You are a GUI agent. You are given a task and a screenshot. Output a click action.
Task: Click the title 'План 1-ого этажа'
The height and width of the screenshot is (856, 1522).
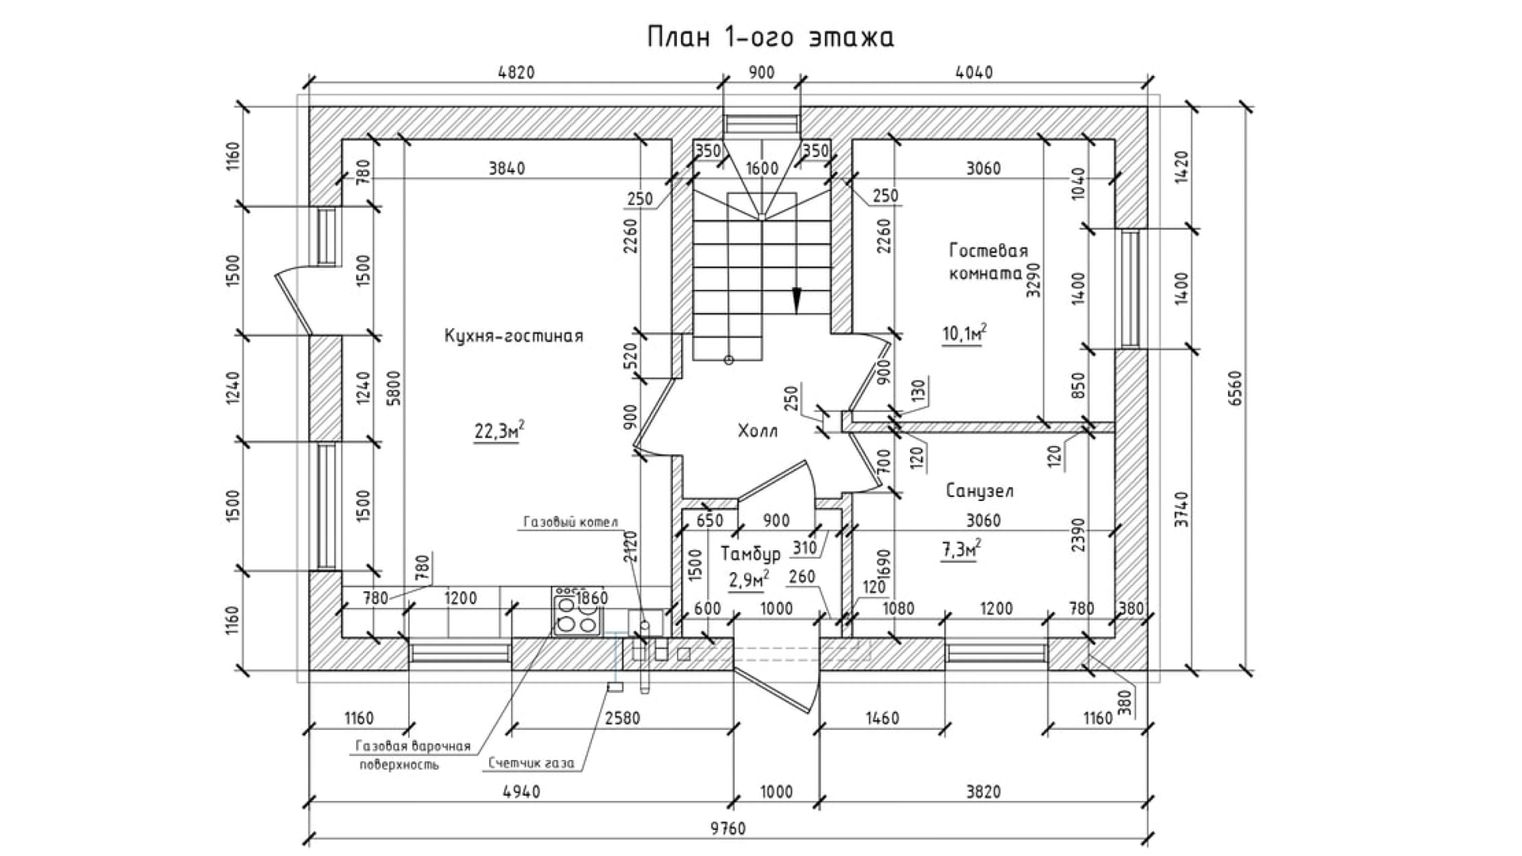click(x=770, y=37)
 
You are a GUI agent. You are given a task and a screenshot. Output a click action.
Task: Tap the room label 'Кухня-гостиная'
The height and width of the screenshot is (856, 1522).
click(x=514, y=336)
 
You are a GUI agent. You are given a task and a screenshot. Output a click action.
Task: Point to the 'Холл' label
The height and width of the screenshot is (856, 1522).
click(x=758, y=431)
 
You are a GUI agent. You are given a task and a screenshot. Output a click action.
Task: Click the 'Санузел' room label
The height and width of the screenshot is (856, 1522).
click(x=980, y=491)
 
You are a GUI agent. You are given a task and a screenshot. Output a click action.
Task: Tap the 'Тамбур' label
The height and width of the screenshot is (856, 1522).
click(x=751, y=553)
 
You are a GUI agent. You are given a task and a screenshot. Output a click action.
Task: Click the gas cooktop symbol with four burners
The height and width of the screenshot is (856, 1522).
click(x=574, y=613)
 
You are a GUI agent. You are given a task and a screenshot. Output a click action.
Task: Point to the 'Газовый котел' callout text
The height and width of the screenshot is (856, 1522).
click(x=570, y=522)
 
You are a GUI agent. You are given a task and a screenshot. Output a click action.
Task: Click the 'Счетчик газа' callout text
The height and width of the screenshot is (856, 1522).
click(x=531, y=763)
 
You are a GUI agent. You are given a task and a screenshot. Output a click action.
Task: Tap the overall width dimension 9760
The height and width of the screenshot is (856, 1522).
click(x=728, y=828)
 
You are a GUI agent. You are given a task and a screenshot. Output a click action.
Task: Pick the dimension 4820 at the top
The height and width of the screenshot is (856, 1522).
click(x=516, y=73)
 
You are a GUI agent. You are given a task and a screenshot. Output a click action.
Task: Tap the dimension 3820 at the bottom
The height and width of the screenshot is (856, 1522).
click(x=983, y=792)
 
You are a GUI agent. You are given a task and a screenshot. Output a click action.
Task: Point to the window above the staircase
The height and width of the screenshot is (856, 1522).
click(x=761, y=124)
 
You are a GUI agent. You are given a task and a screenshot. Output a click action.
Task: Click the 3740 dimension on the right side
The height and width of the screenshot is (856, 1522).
click(x=1180, y=510)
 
